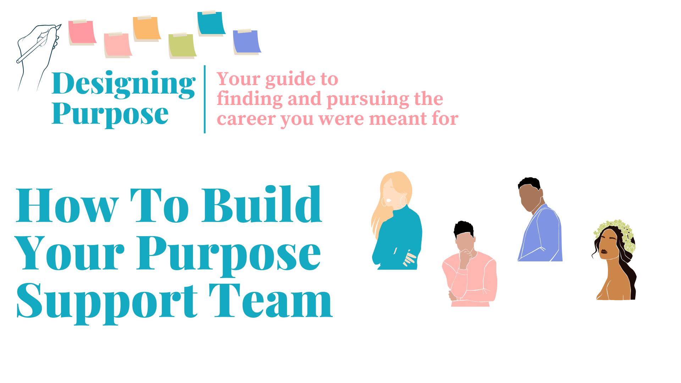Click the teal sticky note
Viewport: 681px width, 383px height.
click(211, 23)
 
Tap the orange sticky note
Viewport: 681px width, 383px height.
click(147, 28)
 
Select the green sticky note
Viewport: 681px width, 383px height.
click(182, 46)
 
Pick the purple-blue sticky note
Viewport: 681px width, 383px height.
click(247, 42)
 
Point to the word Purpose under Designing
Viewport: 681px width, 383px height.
click(110, 114)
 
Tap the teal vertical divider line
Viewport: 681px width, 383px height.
click(205, 99)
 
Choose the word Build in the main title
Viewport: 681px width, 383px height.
click(262, 205)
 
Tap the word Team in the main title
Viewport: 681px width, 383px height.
click(271, 300)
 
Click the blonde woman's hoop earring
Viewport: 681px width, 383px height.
click(403, 201)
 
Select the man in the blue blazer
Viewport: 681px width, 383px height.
click(539, 220)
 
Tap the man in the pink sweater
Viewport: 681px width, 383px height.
click(470, 264)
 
